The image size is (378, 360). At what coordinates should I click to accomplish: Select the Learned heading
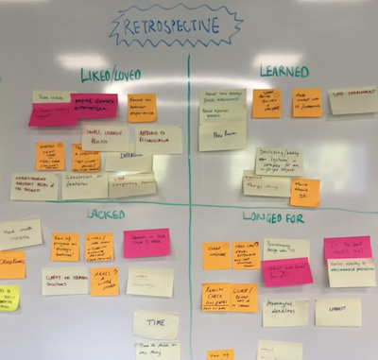(x=283, y=72)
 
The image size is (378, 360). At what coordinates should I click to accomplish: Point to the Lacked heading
(x=106, y=214)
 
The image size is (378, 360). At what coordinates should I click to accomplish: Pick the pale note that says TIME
(x=155, y=324)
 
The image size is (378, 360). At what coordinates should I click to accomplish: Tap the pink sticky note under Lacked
(x=146, y=243)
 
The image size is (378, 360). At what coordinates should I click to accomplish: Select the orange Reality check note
(x=215, y=298)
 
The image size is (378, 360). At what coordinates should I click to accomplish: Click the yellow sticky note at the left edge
(x=8, y=298)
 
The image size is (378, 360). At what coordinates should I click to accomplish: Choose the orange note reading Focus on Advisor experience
(x=142, y=108)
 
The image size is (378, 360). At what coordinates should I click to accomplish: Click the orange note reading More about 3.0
(x=304, y=192)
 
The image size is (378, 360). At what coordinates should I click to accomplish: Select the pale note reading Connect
(x=337, y=312)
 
